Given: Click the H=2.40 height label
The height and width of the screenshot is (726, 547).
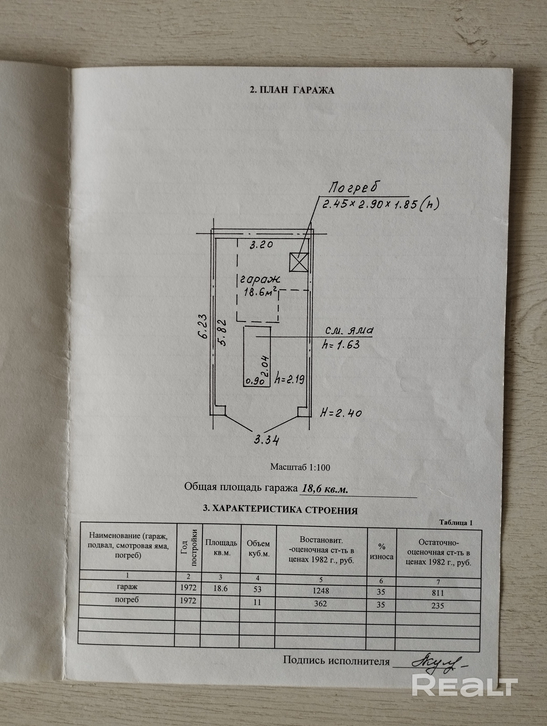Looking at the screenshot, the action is point(341,413).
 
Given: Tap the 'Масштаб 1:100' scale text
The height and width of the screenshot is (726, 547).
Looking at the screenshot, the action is point(300,467).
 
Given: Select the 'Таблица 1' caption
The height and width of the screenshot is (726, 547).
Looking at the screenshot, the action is point(456,523).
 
